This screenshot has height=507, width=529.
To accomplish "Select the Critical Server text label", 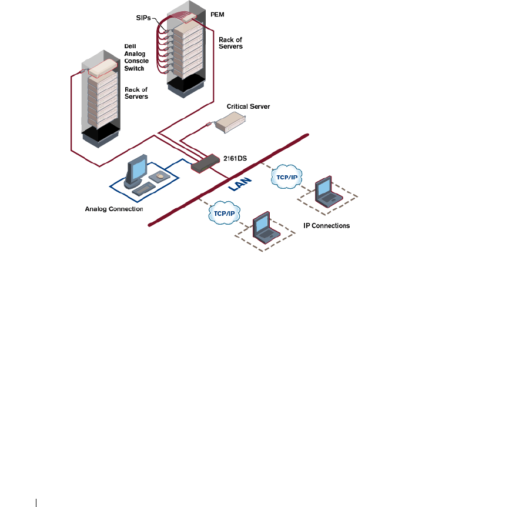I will (x=248, y=107).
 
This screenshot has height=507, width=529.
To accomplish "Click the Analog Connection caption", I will (x=114, y=208).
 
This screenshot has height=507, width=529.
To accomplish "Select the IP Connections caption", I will (x=326, y=225).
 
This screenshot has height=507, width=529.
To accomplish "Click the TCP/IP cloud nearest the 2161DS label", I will (x=283, y=177).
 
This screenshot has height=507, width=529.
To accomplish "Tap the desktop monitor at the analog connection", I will (x=136, y=171).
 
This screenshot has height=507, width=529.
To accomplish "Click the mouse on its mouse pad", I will (x=160, y=175).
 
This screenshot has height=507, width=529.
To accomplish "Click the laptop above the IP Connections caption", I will (x=327, y=192).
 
